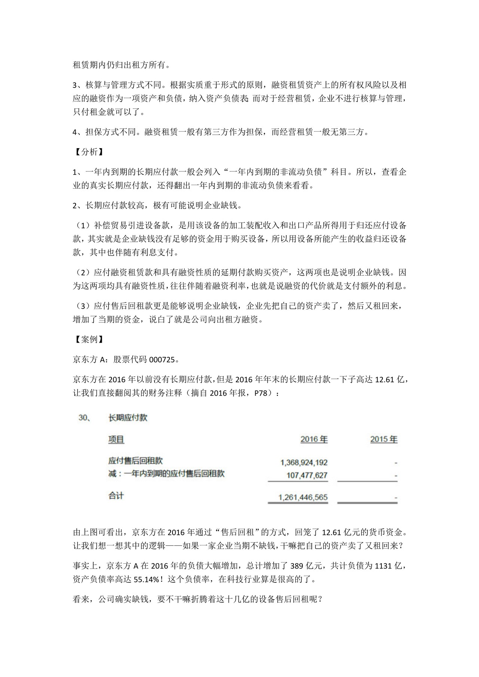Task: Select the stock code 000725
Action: click(x=162, y=360)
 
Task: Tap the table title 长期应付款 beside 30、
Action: click(x=128, y=418)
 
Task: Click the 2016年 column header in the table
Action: click(x=314, y=439)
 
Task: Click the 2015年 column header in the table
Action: click(x=384, y=439)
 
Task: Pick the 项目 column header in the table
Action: click(x=116, y=439)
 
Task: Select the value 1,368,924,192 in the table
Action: click(x=304, y=463)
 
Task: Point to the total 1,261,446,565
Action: click(x=303, y=497)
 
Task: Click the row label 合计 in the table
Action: click(x=116, y=496)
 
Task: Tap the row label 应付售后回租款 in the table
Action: click(x=135, y=461)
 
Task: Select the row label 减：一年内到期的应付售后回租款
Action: click(x=167, y=474)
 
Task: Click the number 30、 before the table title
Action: click(x=84, y=418)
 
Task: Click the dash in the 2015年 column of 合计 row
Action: click(x=396, y=498)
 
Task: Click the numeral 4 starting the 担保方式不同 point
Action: click(x=75, y=132)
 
